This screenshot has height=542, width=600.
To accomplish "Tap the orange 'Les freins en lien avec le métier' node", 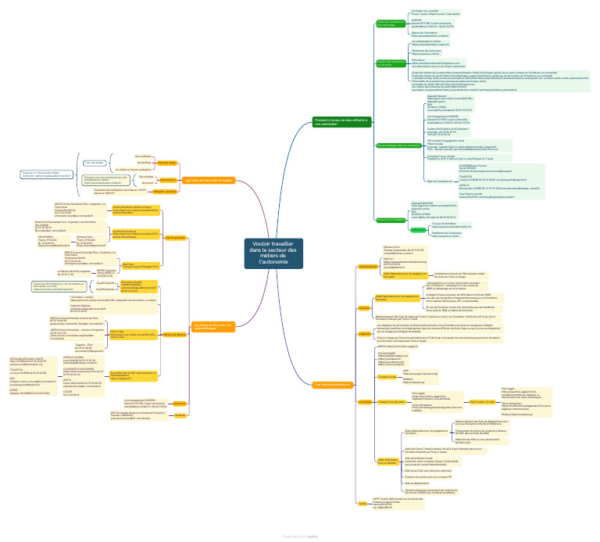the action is coord(209,180).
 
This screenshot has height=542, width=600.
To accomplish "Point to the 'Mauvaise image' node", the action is coord(166,163).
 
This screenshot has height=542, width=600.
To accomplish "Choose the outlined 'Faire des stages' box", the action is coord(94,163).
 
